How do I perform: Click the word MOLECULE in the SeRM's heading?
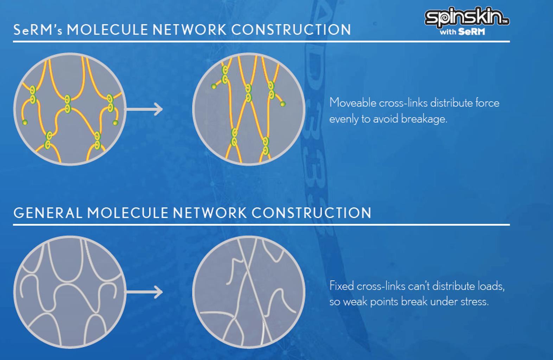coord(108,30)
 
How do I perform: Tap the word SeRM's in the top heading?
coord(38,30)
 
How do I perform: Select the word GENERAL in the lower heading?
coord(47,213)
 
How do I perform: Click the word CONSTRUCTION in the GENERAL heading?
coord(312,213)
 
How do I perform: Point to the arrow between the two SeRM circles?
coord(145,109)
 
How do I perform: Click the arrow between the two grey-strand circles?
coord(145,292)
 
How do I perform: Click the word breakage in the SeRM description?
coord(424,119)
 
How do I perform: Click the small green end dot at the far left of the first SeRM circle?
coord(25,122)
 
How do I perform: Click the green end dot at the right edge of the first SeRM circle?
coord(115,122)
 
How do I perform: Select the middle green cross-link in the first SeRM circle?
coord(68,104)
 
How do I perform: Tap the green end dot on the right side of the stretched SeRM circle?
coord(283,104)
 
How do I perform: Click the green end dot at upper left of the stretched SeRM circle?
coord(214,86)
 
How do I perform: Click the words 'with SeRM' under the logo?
coord(462,32)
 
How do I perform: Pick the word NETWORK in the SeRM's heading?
coord(189,30)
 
